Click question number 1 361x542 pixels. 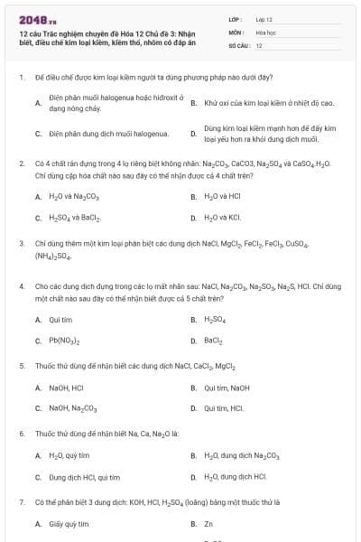pos(21,79)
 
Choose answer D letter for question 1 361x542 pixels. pos(193,135)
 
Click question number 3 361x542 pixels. pos(21,243)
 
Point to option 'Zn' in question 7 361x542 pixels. pos(208,523)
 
